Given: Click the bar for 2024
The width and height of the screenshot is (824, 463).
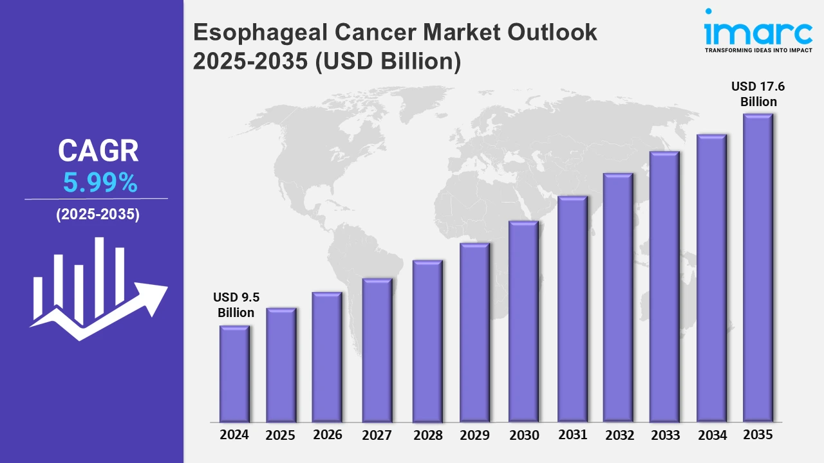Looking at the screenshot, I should pyautogui.click(x=234, y=374).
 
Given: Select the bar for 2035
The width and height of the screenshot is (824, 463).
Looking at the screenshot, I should pyautogui.click(x=758, y=268).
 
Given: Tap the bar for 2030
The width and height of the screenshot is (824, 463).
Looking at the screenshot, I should pyautogui.click(x=523, y=322).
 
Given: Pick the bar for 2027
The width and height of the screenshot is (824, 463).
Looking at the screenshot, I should pyautogui.click(x=377, y=350).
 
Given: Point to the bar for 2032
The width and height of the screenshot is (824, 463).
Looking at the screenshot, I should pyautogui.click(x=618, y=298).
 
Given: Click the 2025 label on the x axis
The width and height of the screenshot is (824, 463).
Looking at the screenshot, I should pyautogui.click(x=280, y=435).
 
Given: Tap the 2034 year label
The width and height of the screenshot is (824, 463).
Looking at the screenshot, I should pyautogui.click(x=712, y=435).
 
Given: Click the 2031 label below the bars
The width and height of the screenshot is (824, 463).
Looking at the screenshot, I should pyautogui.click(x=572, y=435).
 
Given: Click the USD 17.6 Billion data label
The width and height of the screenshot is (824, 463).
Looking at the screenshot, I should pyautogui.click(x=758, y=94).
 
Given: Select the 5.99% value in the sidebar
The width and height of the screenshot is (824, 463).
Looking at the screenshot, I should pyautogui.click(x=100, y=184).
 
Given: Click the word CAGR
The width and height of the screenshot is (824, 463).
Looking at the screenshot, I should pyautogui.click(x=98, y=151).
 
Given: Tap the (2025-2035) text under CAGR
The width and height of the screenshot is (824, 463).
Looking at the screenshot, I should pyautogui.click(x=98, y=215).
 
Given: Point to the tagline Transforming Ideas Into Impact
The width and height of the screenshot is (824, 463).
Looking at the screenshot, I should pyautogui.click(x=758, y=50).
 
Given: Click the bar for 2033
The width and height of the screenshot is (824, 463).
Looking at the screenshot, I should pyautogui.click(x=664, y=287).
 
